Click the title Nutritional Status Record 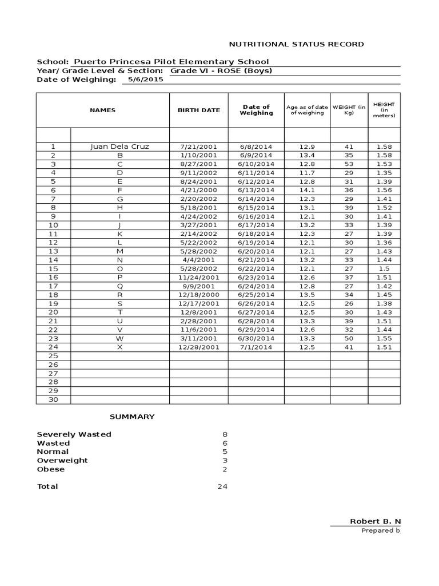pyautogui.click(x=296, y=44)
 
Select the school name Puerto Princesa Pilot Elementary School pyautogui.click(x=170, y=62)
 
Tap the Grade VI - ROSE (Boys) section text pyautogui.click(x=221, y=71)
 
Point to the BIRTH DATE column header pyautogui.click(x=198, y=110)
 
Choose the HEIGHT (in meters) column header pyautogui.click(x=384, y=110)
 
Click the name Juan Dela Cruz pyautogui.click(x=119, y=146)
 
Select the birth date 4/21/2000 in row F pyautogui.click(x=198, y=190)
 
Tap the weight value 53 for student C pyautogui.click(x=349, y=164)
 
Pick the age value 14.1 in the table pyautogui.click(x=307, y=190)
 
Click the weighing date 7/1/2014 pyautogui.click(x=256, y=347)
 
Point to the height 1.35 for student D pyautogui.click(x=384, y=172)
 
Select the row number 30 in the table pyautogui.click(x=53, y=399)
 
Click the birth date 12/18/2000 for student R pyautogui.click(x=198, y=295)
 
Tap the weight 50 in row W pyautogui.click(x=349, y=338)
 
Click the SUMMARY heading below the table pyautogui.click(x=132, y=417)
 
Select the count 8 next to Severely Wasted pyautogui.click(x=225, y=434)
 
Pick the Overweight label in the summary pyautogui.click(x=62, y=460)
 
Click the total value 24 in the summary pyautogui.click(x=222, y=486)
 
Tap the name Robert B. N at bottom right pyautogui.click(x=375, y=521)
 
